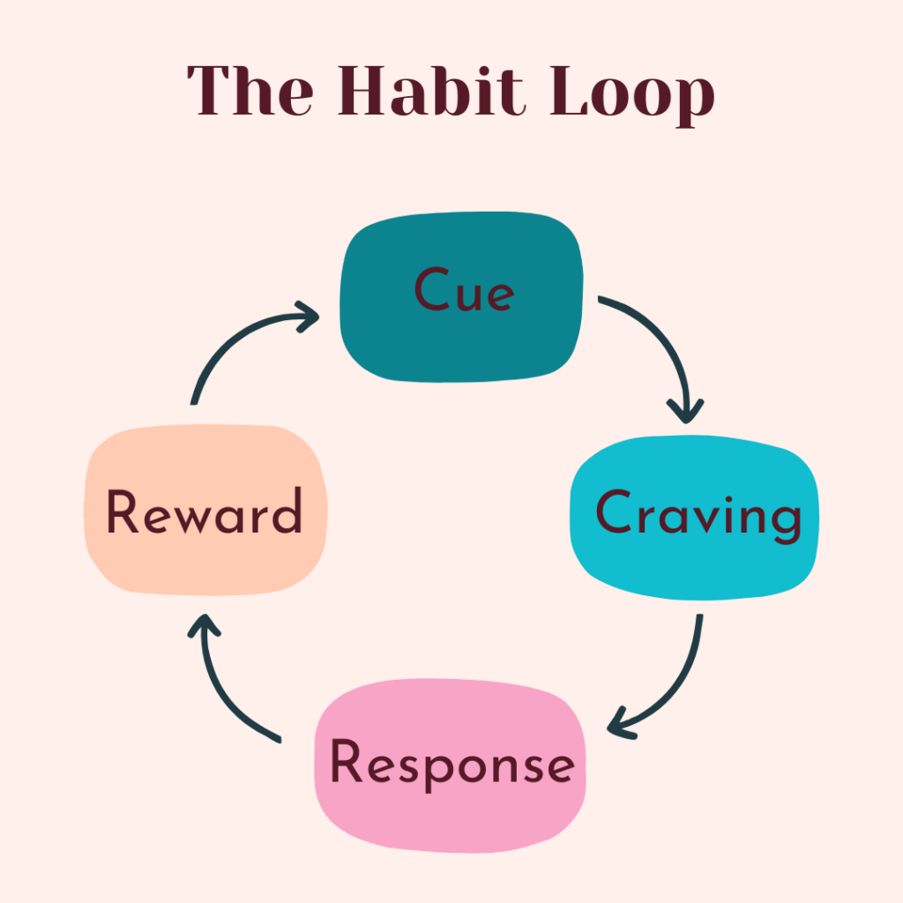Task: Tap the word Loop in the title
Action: pos(632,92)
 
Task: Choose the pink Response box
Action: pos(450,765)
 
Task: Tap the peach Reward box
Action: pos(205,511)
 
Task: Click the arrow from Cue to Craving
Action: pos(663,340)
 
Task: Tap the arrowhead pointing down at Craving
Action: pos(685,409)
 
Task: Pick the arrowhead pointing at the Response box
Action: pos(622,724)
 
